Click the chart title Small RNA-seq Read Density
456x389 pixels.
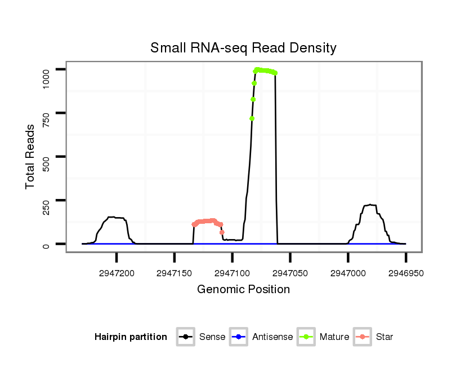[243, 48]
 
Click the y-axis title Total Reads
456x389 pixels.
[31, 156]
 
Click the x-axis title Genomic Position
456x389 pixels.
[243, 290]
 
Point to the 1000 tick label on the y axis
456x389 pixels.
[47, 69]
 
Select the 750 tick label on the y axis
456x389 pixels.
[47, 113]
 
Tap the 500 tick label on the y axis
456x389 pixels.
[47, 157]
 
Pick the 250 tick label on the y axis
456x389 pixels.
[47, 200]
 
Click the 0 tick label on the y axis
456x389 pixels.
[47, 244]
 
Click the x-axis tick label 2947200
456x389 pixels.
[117, 273]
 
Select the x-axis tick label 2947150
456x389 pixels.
[175, 273]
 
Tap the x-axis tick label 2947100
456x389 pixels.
[232, 273]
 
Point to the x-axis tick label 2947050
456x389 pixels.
[290, 273]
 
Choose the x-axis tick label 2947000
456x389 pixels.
[348, 273]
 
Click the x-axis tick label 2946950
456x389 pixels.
[405, 273]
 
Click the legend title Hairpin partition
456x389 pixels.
[131, 337]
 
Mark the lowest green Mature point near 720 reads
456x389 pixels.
[252, 118]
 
